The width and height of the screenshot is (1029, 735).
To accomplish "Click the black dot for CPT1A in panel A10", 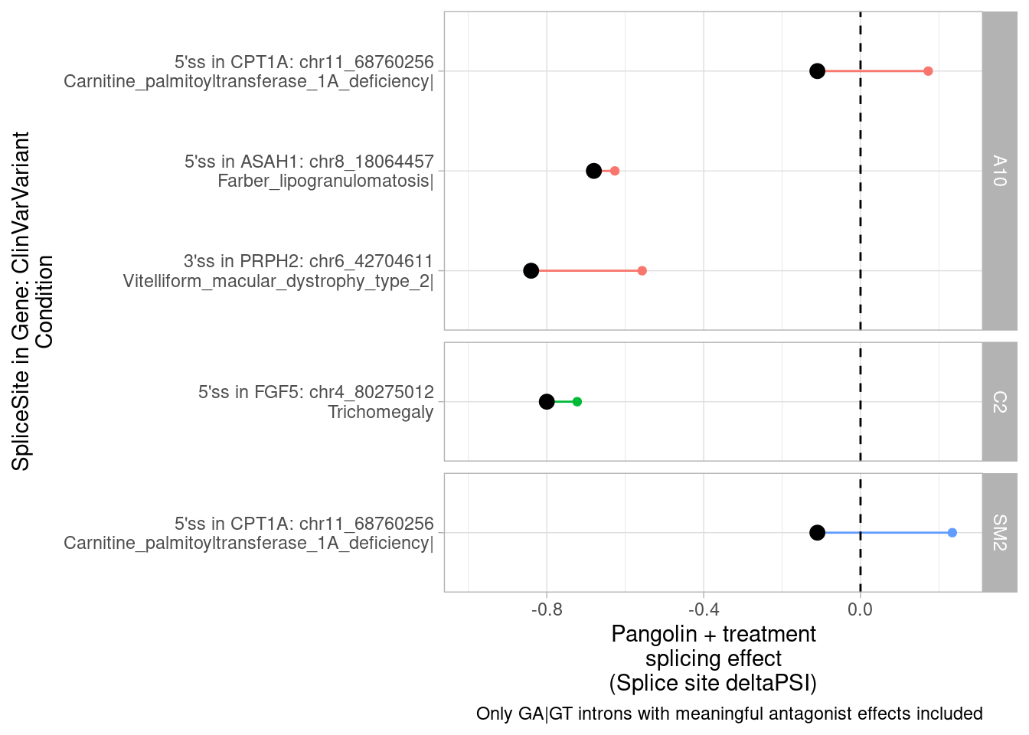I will click(x=817, y=71).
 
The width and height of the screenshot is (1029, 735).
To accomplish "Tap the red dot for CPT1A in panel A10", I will click(x=928, y=71).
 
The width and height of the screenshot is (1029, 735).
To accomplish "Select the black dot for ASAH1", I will click(x=593, y=171).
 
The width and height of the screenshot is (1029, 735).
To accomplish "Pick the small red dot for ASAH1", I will click(x=615, y=171).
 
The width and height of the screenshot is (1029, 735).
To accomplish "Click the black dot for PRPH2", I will click(x=531, y=270).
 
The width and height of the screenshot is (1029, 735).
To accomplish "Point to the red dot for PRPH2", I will click(x=642, y=270).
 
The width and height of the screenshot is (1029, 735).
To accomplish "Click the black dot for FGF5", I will click(x=547, y=401).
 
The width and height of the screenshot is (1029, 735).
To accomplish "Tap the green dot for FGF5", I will click(x=577, y=401).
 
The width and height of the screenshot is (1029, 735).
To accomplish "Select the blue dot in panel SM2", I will click(x=952, y=532).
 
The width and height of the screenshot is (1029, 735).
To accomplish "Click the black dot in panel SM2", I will click(x=817, y=532).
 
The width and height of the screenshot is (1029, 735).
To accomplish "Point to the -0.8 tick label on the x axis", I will click(x=546, y=609).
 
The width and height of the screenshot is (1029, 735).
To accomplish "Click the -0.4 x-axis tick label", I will click(x=703, y=609).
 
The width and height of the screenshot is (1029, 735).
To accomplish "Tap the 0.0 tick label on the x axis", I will click(x=860, y=609).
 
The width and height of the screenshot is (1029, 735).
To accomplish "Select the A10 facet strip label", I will click(x=999, y=171).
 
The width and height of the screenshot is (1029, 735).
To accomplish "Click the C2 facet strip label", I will click(x=999, y=401).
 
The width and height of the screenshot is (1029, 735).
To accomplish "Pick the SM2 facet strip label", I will click(x=999, y=532).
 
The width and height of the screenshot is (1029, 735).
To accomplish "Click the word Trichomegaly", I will click(x=381, y=412).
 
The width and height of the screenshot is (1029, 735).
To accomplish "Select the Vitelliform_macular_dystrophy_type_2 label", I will click(x=277, y=281).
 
